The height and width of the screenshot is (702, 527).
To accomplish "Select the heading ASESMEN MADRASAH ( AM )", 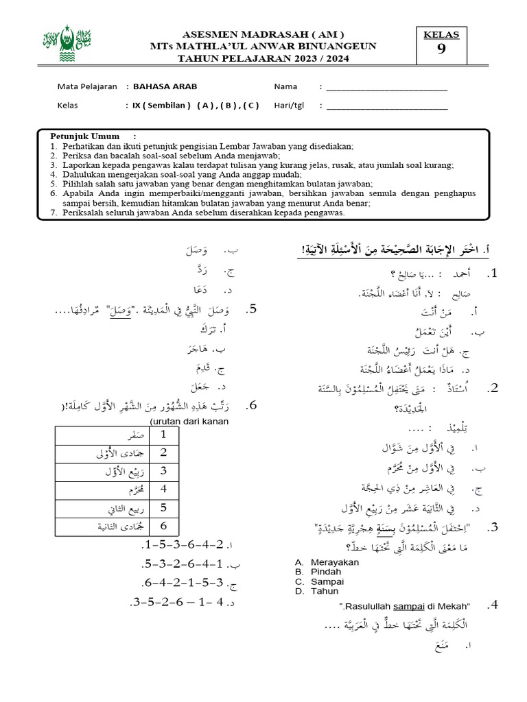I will [263, 34].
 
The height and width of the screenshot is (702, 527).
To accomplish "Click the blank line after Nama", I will [386, 88].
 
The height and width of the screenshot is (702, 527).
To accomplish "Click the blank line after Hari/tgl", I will [386, 106].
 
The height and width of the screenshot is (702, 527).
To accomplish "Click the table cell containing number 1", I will [163, 435].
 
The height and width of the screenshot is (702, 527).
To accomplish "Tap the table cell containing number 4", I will [163, 490].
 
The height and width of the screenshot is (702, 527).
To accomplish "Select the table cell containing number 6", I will [163, 526].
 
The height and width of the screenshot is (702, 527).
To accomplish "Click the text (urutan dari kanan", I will [189, 421].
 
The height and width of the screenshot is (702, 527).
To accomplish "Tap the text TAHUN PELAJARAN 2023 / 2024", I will [263, 59].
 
